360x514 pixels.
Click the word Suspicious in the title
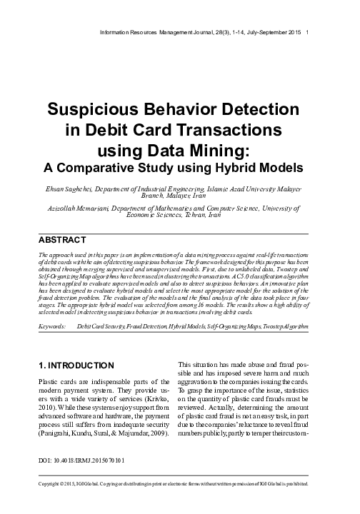pos(94,112)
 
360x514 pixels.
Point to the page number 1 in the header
pos(307,33)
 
